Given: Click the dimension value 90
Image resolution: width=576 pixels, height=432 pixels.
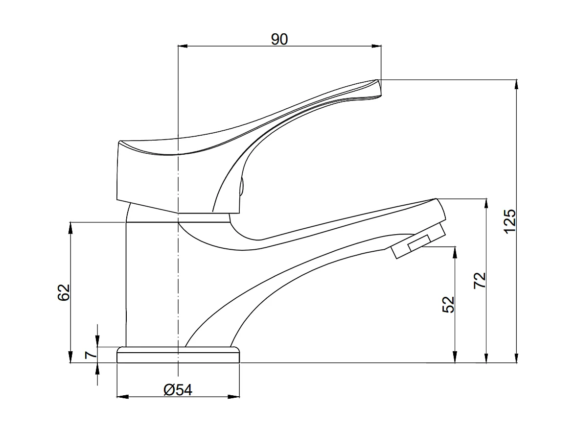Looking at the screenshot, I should pos(279,39).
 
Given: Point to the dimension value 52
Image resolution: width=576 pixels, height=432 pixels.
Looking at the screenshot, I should pos(449,304).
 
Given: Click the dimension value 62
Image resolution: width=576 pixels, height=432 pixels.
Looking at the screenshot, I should pos(64,292).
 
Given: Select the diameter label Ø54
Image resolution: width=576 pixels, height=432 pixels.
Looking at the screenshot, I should pos(178,390).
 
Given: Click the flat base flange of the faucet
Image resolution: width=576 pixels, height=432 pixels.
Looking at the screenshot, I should pos(179,355).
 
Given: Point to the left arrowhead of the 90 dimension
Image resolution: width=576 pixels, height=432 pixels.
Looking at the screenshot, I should pos(182,47).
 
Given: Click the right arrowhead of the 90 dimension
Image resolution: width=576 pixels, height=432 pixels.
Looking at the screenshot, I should pos(376,47).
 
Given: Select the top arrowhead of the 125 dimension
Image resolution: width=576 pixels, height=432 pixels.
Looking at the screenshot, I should pos(517,84).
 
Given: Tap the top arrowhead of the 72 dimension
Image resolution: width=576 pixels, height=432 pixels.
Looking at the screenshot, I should pos(486,203).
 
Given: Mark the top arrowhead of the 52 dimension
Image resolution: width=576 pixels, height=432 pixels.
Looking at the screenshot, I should pos(455,251).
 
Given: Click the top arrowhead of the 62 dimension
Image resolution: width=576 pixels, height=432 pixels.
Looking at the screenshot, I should pos(71,227).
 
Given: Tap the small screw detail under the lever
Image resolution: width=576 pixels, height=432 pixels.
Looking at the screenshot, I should pos(240,187).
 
